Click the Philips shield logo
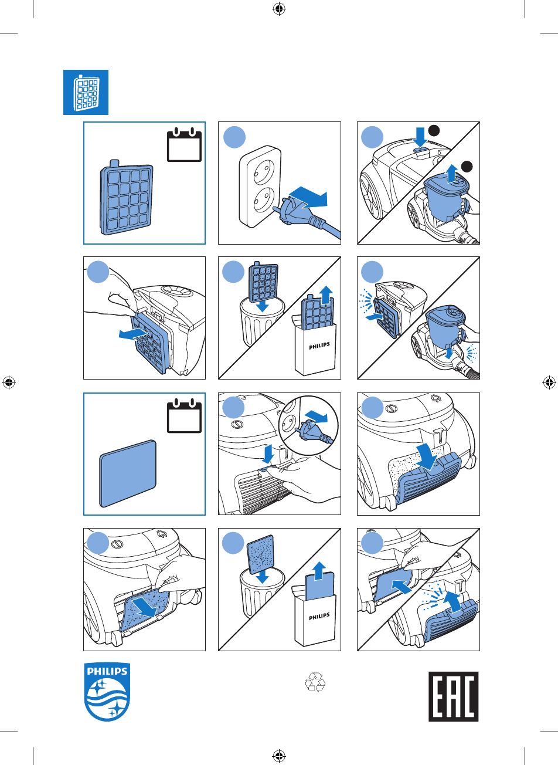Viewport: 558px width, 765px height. pyautogui.click(x=107, y=692)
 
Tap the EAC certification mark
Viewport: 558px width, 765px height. pyautogui.click(x=453, y=696)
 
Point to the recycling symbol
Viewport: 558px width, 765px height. pyautogui.click(x=315, y=682)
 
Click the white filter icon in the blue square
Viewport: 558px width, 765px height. pyautogui.click(x=86, y=92)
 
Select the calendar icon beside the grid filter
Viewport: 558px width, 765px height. pyautogui.click(x=184, y=144)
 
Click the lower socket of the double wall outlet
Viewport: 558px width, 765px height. pyautogui.click(x=263, y=199)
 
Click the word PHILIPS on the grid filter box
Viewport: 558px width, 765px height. pyautogui.click(x=319, y=346)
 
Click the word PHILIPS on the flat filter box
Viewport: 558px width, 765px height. pyautogui.click(x=319, y=617)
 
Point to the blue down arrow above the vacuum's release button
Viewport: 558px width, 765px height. pyautogui.click(x=420, y=137)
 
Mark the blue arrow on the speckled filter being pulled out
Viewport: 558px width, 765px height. pyautogui.click(x=144, y=607)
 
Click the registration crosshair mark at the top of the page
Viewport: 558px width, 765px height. pyautogui.click(x=279, y=9)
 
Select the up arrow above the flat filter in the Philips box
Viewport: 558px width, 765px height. pyautogui.click(x=319, y=571)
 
